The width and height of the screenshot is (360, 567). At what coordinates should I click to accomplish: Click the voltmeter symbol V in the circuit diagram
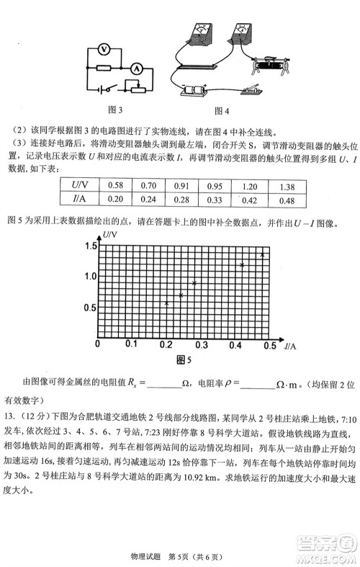(104, 49)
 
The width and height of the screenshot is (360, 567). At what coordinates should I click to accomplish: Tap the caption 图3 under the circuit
(114, 110)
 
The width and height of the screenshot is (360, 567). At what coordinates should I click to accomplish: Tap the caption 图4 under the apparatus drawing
(222, 110)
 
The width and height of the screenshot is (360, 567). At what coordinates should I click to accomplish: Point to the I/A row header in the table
(80, 200)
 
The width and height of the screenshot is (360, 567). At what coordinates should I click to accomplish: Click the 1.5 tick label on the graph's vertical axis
(89, 247)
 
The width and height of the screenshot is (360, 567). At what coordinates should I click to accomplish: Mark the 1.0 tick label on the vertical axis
(89, 277)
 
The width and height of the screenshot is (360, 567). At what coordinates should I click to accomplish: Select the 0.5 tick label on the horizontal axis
(269, 345)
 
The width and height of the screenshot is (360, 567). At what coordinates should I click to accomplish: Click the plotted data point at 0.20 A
(167, 303)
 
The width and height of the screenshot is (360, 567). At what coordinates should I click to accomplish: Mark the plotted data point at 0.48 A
(263, 254)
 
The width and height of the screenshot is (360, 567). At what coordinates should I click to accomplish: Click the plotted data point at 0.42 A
(242, 265)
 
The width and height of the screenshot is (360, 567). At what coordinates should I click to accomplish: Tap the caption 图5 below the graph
(185, 360)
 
